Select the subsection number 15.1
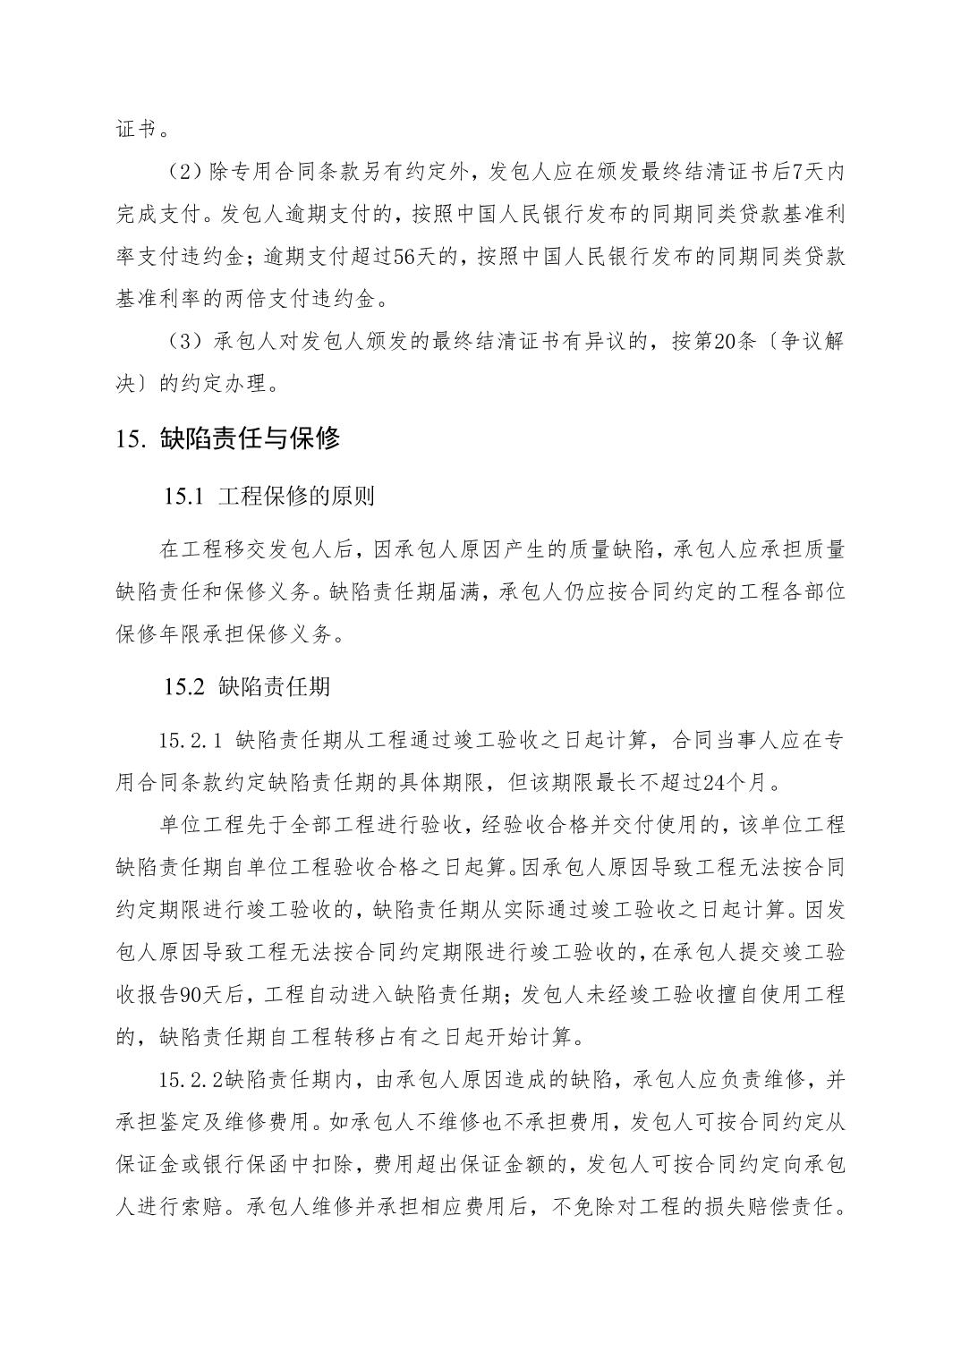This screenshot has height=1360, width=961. (185, 495)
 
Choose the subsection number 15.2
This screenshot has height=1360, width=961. (185, 686)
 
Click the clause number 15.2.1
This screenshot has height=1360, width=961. (190, 740)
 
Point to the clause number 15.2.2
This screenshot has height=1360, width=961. (190, 1080)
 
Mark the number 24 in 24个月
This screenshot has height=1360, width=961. (714, 783)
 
